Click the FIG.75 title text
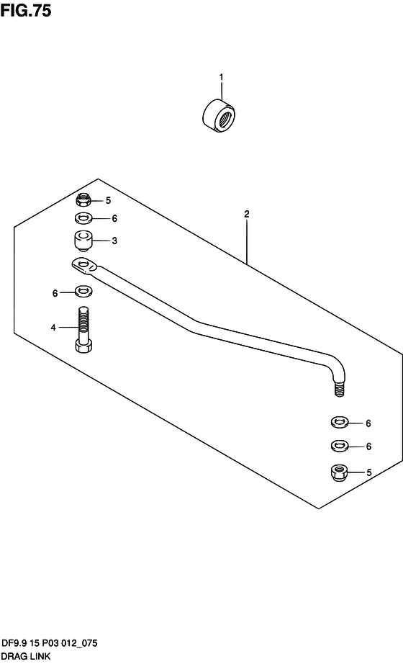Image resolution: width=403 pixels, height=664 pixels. (26, 10)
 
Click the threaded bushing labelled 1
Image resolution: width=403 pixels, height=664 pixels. (219, 116)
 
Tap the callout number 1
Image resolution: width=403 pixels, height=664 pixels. (220, 77)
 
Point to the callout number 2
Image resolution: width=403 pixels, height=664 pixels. (247, 214)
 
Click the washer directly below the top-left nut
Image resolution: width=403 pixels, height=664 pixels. (83, 219)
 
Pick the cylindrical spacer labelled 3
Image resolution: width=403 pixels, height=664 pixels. (83, 241)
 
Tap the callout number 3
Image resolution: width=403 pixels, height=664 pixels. (114, 241)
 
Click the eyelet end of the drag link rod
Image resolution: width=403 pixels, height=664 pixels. (85, 266)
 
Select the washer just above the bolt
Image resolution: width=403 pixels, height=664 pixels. (85, 292)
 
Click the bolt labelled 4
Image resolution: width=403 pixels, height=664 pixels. (83, 329)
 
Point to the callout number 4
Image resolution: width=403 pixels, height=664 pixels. (53, 328)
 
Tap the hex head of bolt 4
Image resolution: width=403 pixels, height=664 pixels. (83, 346)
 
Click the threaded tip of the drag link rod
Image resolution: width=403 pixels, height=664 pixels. (339, 389)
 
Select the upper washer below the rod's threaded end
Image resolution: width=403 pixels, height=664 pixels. (339, 422)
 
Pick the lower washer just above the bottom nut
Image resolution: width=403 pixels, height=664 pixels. (339, 446)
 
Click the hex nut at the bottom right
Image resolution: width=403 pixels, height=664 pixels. (339, 472)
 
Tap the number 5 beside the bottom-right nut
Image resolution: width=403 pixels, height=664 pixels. (368, 472)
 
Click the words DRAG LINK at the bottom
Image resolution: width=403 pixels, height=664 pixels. (26, 657)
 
